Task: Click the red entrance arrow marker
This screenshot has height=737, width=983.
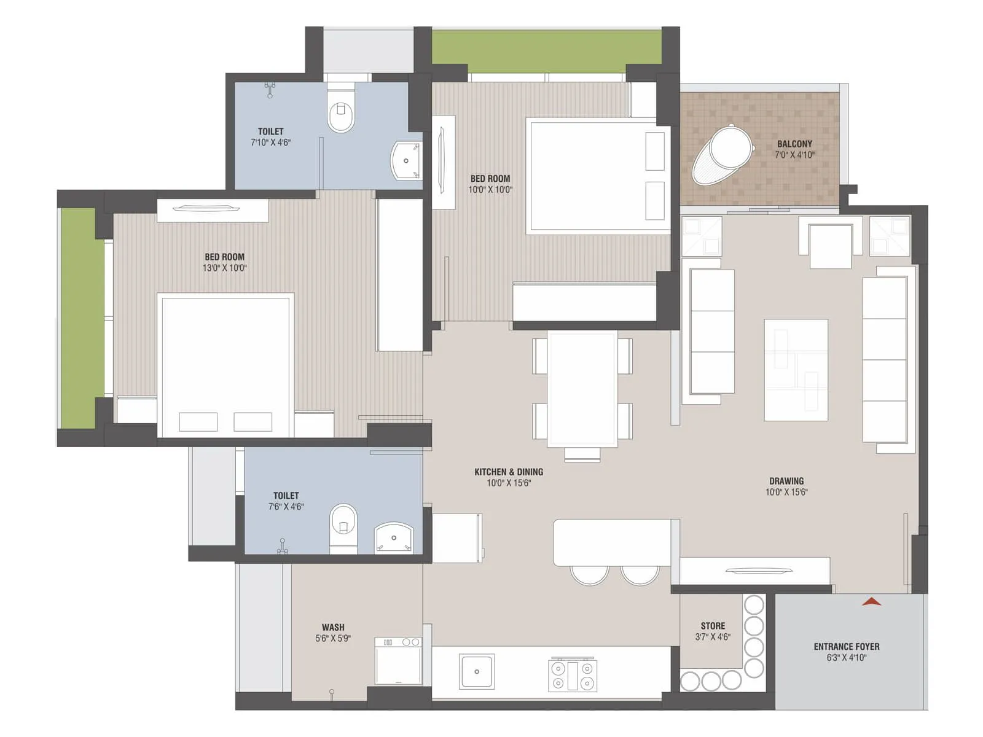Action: [871, 602]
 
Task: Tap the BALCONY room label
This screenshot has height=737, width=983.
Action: [794, 144]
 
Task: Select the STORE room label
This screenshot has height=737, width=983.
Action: [713, 626]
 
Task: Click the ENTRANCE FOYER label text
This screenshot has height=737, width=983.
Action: [846, 647]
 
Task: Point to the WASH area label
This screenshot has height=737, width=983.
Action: [333, 628]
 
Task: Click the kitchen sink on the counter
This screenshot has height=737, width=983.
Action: [477, 671]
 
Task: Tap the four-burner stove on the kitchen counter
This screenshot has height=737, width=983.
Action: [573, 674]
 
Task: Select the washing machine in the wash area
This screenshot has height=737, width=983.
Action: [398, 661]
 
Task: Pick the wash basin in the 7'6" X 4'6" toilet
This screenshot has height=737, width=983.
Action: [394, 539]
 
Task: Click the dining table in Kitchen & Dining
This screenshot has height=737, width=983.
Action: [582, 388]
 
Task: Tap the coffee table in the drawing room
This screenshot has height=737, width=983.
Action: [796, 370]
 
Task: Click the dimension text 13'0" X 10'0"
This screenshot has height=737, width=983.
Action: [225, 268]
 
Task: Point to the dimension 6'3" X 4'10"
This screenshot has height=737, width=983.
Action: [846, 658]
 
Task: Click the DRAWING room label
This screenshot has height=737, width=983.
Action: [786, 482]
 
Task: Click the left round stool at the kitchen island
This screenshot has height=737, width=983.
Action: [589, 574]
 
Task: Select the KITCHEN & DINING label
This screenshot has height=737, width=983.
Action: [509, 472]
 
